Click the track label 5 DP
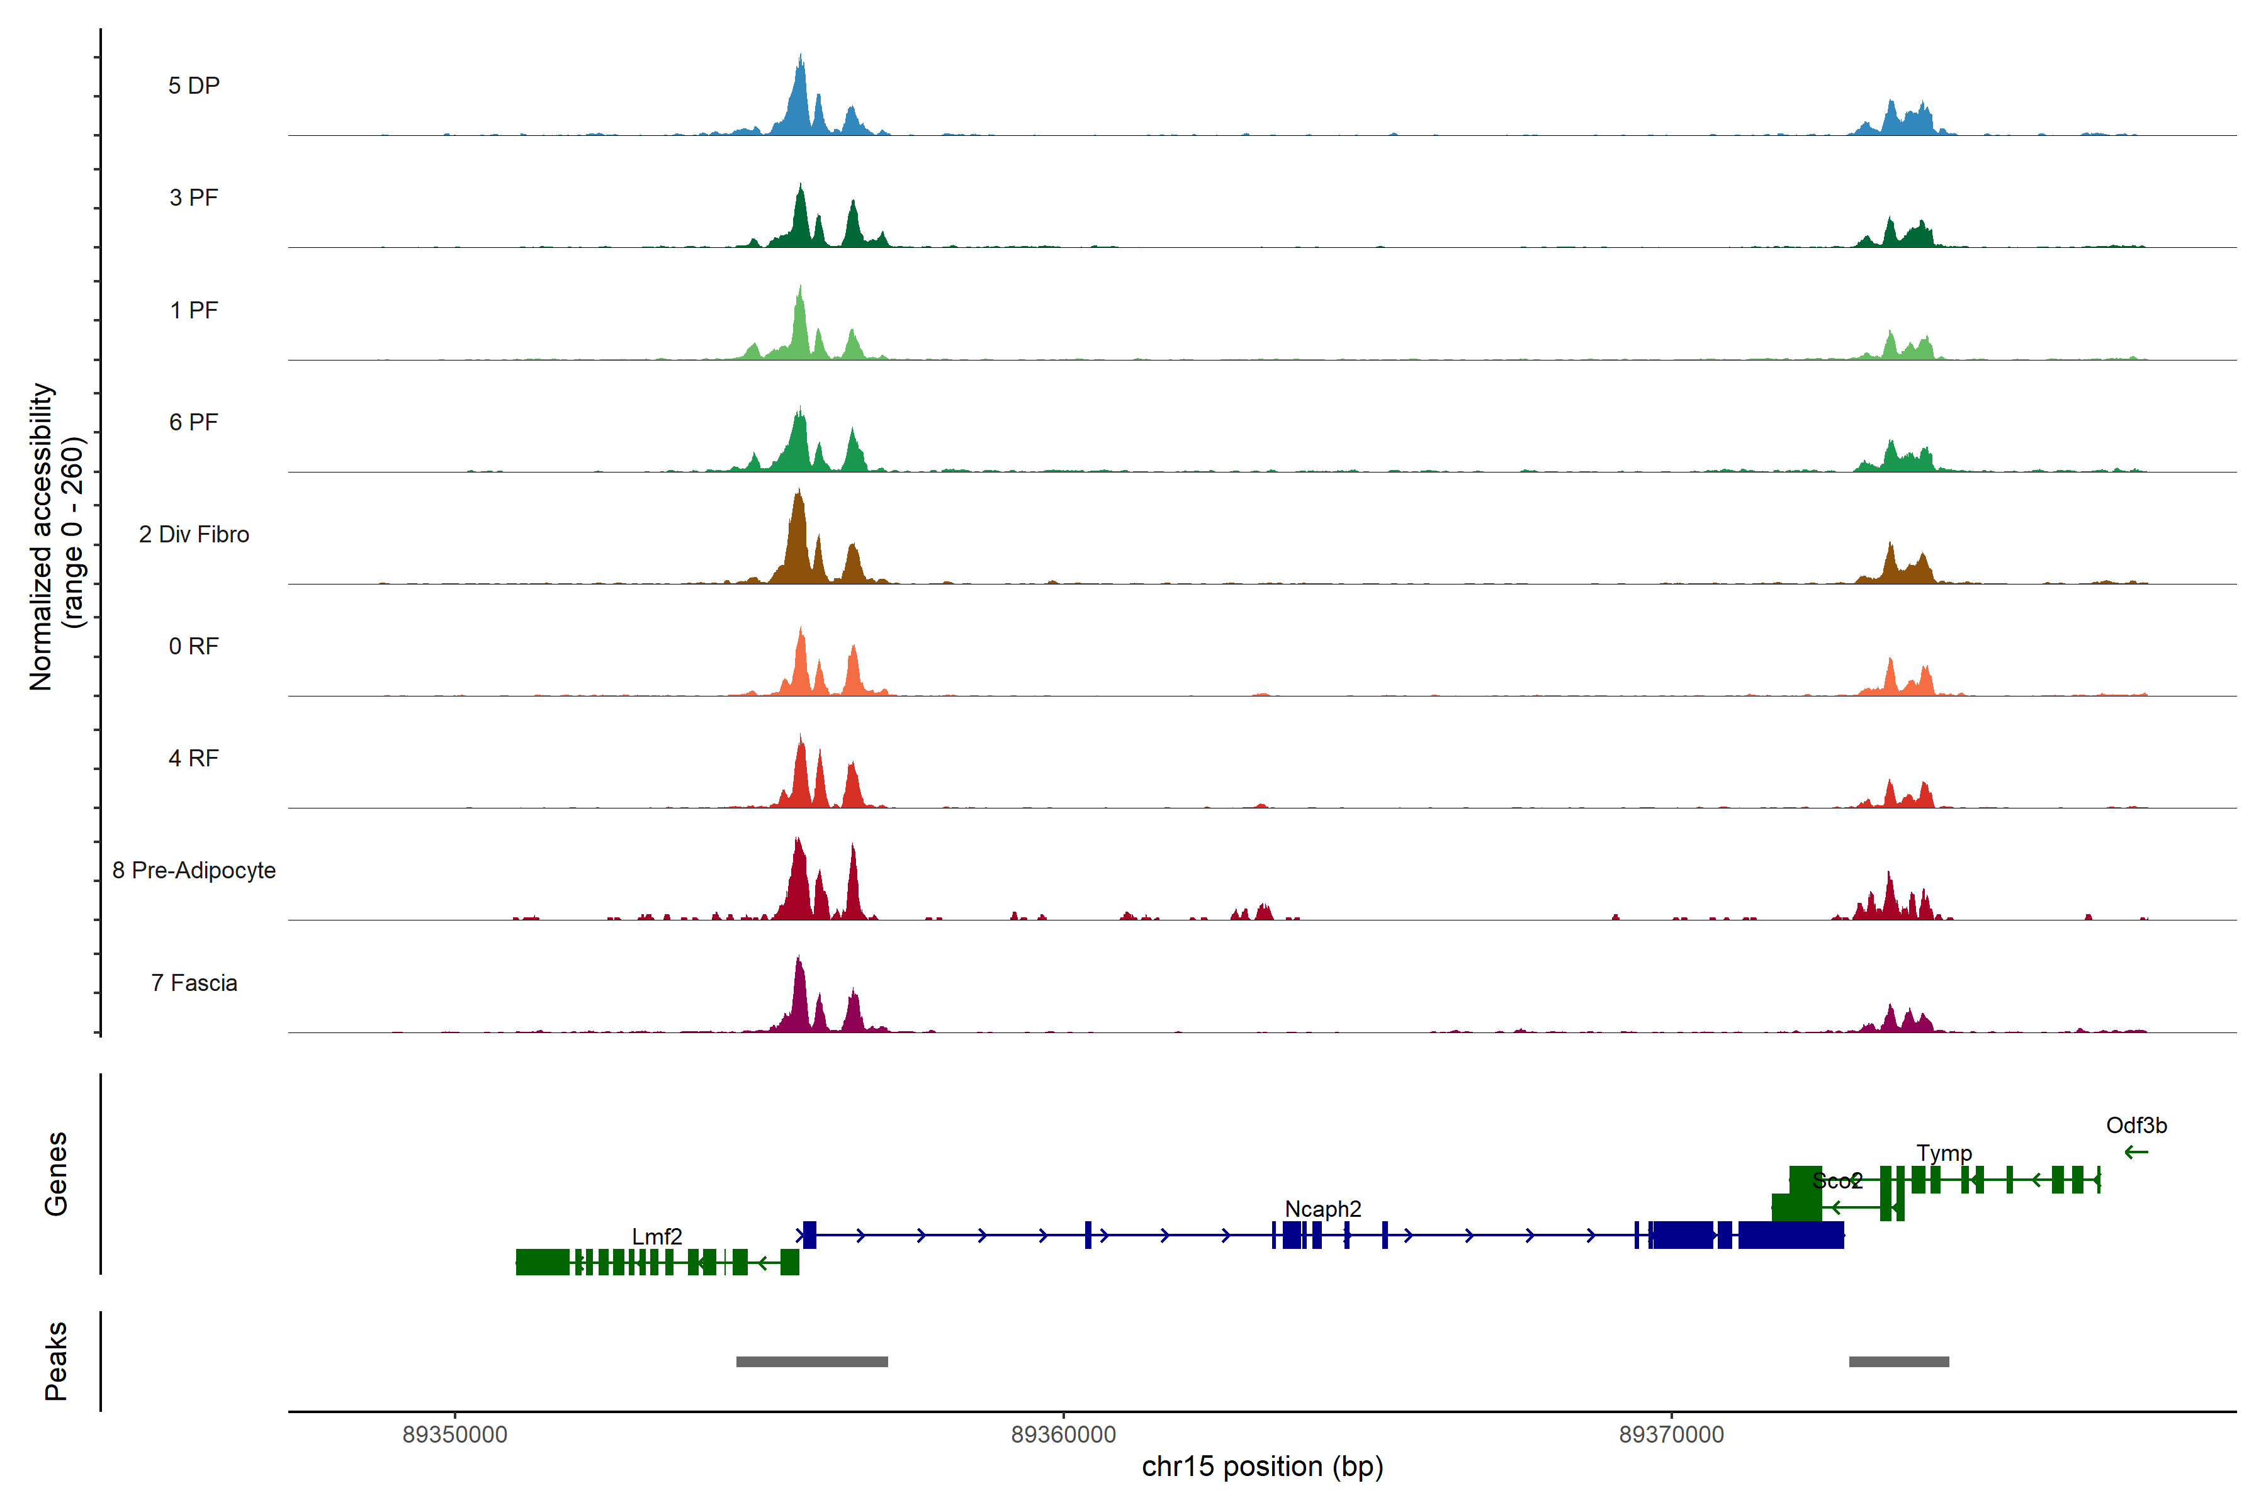point(194,86)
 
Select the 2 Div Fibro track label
point(194,534)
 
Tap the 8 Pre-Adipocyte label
point(194,871)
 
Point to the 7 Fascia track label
point(194,983)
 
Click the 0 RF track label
point(194,646)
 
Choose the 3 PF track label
point(194,198)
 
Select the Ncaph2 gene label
point(1323,1209)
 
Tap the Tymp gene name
point(1943,1153)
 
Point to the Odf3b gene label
point(2136,1125)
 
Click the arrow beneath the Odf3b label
point(2136,1152)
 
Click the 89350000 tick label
point(454,1435)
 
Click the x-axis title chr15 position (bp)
point(1262,1467)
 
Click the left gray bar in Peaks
point(811,1362)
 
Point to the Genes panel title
point(56,1174)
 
